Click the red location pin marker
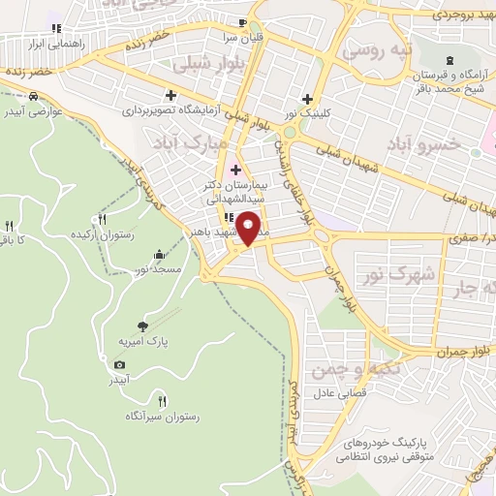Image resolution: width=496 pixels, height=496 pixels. tap(250, 228)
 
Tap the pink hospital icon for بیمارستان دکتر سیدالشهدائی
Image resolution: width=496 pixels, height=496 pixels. tap(235, 170)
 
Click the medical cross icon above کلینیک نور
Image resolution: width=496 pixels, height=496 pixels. tap(308, 98)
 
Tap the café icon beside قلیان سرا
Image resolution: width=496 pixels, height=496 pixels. tap(242, 22)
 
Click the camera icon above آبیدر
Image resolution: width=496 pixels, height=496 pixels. tap(119, 364)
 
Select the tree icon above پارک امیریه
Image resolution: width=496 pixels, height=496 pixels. tap(144, 325)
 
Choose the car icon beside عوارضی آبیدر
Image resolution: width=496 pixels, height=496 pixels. tap(34, 97)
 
